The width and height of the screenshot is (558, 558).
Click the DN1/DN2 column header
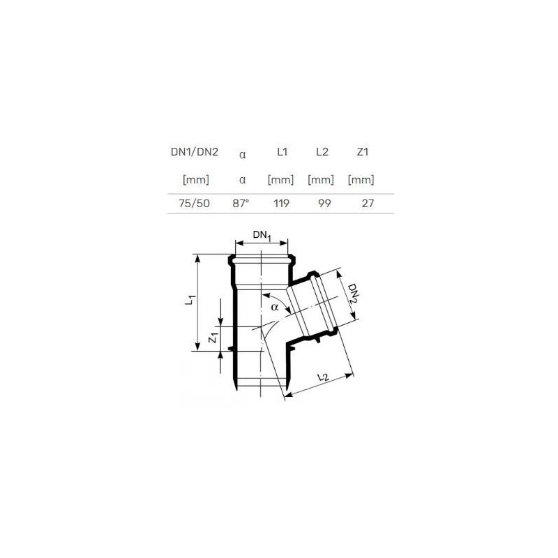tap(195, 152)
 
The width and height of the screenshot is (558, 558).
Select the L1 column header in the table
tap(282, 152)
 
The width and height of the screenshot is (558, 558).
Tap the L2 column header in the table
tap(322, 152)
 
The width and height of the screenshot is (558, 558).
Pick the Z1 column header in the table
tap(362, 152)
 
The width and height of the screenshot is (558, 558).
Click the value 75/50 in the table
tap(195, 204)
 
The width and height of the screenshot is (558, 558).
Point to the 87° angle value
tap(241, 204)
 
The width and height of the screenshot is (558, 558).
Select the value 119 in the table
tap(282, 204)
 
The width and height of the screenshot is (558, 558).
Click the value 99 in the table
tap(324, 204)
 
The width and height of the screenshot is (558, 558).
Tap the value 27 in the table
tap(368, 204)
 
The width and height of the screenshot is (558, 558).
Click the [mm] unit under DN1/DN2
tap(196, 180)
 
